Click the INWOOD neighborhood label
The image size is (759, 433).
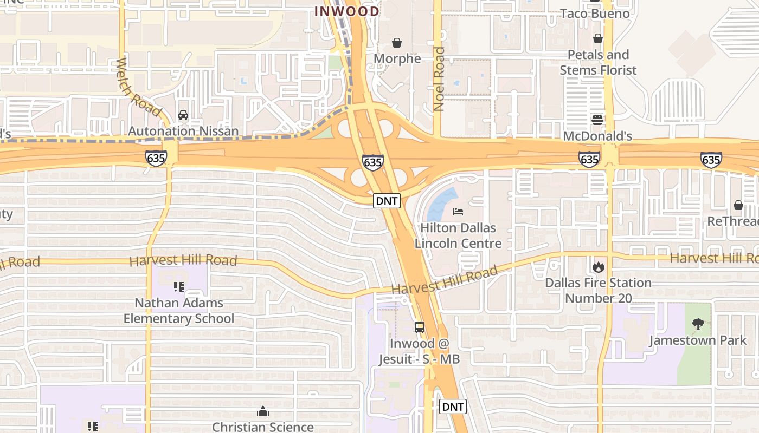coord(347,11)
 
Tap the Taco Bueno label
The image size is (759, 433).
coord(595,14)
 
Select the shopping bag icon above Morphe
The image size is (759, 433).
coord(397,43)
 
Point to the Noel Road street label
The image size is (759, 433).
coord(439,79)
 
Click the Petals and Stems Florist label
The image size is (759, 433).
coord(598,62)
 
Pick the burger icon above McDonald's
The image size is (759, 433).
coord(597,120)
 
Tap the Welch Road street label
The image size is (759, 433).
coord(139,87)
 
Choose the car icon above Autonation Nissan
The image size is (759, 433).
coord(183,115)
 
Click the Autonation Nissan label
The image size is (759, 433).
coord(183,131)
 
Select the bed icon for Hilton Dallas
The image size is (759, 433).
coord(458,211)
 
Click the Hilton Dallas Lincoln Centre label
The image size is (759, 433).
coord(458,235)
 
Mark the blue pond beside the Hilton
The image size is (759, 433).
coord(442,203)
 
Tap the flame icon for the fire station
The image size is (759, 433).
coord(598,267)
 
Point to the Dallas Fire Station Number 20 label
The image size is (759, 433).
coord(598,290)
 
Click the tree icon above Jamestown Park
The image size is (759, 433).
coord(698,324)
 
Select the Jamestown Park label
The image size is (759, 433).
coord(698,340)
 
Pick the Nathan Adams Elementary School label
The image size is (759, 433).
coord(179,310)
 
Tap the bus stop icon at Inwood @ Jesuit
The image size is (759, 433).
coord(419,327)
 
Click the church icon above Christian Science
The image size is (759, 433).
coord(263,411)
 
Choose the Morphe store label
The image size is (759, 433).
coord(397,58)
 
